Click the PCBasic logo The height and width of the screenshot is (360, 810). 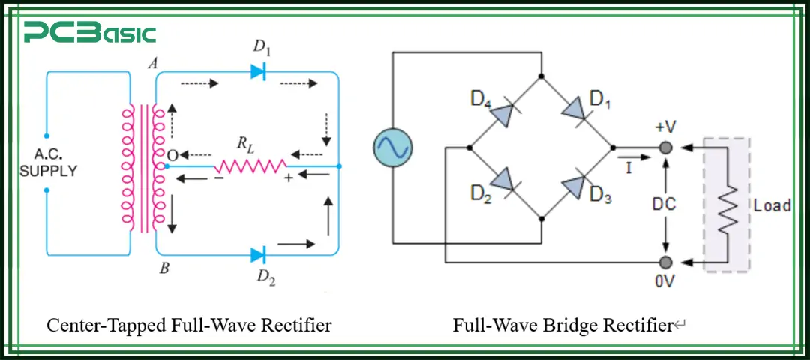tap(90, 33)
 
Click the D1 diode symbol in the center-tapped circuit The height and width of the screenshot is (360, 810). tap(258, 72)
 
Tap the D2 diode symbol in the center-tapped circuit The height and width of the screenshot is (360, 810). tap(258, 254)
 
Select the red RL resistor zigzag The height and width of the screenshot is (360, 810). tap(250, 166)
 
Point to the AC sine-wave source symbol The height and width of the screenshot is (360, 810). tap(393, 147)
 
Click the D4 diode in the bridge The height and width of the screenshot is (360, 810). tap(504, 112)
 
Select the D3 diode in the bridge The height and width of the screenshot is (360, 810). tap(576, 184)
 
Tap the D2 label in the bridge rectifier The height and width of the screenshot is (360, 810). tap(481, 193)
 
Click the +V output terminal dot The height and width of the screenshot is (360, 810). tap(664, 148)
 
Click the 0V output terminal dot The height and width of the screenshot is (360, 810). tap(664, 262)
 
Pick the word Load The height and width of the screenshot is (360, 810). tap(772, 205)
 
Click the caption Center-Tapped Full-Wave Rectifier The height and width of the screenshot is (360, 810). tap(189, 325)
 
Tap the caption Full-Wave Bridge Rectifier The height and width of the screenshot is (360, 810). tap(562, 325)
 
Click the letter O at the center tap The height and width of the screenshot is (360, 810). tap(172, 154)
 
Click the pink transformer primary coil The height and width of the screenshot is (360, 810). tap(128, 166)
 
